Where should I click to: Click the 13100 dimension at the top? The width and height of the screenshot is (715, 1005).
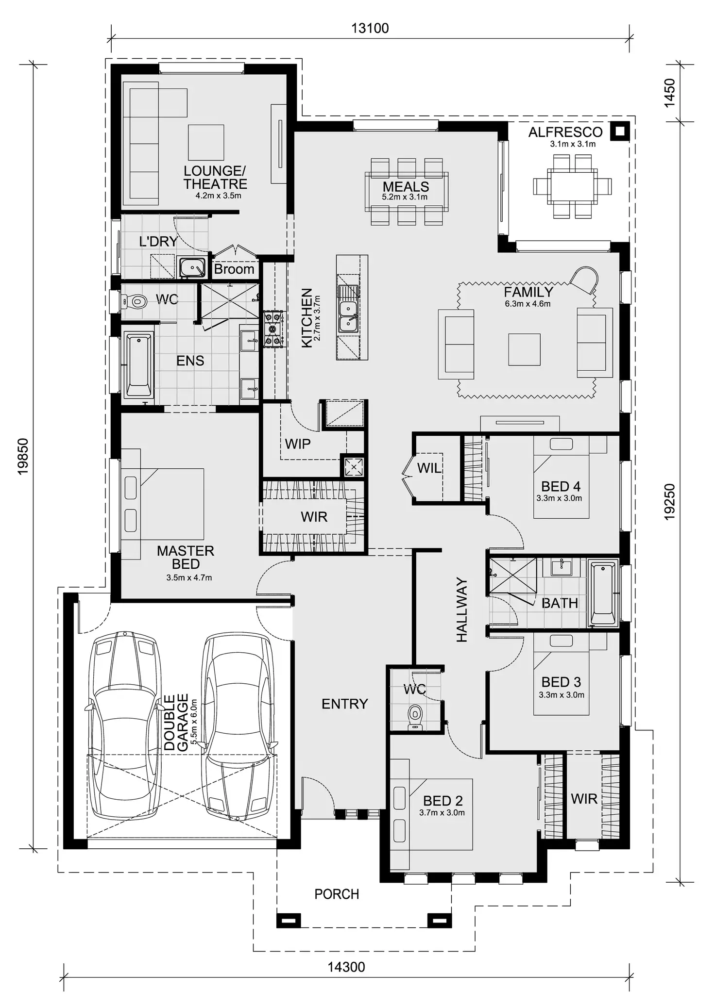tap(370, 28)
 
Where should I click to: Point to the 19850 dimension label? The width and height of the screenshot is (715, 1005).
tap(23, 456)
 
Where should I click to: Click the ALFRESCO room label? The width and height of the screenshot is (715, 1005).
tap(565, 132)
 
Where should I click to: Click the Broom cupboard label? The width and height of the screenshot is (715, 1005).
tap(234, 269)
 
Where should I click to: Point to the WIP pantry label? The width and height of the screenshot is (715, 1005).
tap(298, 444)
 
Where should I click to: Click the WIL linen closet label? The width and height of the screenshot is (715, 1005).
tap(429, 468)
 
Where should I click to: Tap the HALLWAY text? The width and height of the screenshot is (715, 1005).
tap(461, 610)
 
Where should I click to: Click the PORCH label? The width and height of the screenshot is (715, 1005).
tap(337, 894)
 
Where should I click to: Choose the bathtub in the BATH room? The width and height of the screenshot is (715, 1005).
tap(603, 593)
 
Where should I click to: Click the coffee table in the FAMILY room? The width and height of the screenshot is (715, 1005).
tap(525, 349)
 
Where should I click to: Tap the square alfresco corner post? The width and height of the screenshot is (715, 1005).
tap(620, 131)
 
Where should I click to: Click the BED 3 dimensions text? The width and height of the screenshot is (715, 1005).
tap(562, 695)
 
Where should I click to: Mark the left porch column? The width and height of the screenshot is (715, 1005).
tap(289, 921)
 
